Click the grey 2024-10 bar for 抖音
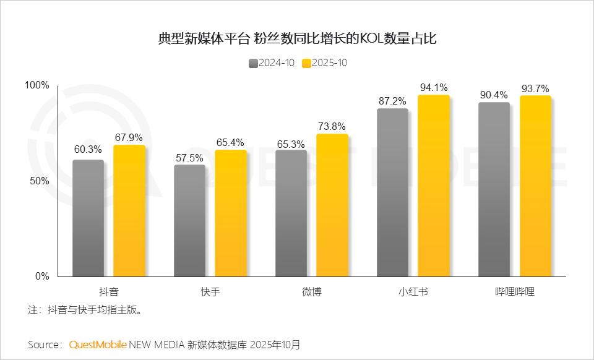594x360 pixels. (x=88, y=218)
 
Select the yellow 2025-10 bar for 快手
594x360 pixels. (x=231, y=213)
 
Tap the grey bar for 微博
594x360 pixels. (x=291, y=213)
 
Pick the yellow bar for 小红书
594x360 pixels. (x=434, y=186)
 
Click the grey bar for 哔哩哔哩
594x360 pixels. (x=494, y=189)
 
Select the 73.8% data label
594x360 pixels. (x=332, y=127)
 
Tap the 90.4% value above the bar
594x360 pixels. (x=494, y=95)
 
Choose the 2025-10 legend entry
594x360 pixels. (x=325, y=63)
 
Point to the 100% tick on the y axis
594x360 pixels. (x=37, y=85)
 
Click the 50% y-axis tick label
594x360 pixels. (x=40, y=181)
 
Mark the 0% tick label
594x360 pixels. (x=42, y=276)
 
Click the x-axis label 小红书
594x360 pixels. (x=413, y=291)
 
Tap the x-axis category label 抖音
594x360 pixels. (x=109, y=291)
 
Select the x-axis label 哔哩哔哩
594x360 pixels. (x=515, y=291)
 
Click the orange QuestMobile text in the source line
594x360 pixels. (x=98, y=344)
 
